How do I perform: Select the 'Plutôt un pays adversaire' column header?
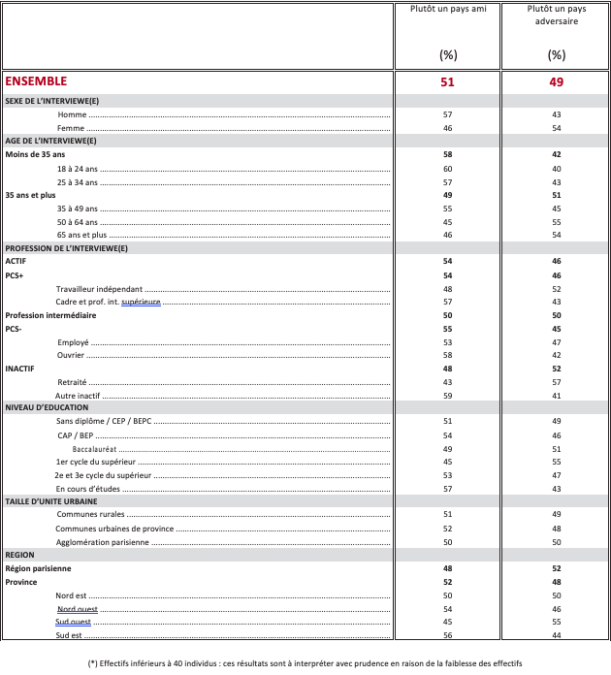pyautogui.click(x=556, y=16)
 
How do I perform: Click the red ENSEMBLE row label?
pyautogui.click(x=36, y=82)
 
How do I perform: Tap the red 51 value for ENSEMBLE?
pyautogui.click(x=447, y=82)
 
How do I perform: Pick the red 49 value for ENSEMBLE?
pyautogui.click(x=556, y=82)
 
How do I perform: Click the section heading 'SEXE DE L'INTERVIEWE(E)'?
pyautogui.click(x=51, y=102)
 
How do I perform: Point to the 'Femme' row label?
pyautogui.click(x=71, y=128)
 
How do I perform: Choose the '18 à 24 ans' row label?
pyautogui.click(x=77, y=169)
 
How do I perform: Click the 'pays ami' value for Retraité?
pyautogui.click(x=447, y=382)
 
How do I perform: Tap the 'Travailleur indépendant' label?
pyautogui.click(x=99, y=289)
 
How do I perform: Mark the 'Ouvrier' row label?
pyautogui.click(x=71, y=356)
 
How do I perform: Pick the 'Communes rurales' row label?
pyautogui.click(x=90, y=515)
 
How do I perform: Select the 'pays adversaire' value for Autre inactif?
pyautogui.click(x=556, y=396)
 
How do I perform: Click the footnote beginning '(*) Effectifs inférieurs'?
pyautogui.click(x=305, y=663)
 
